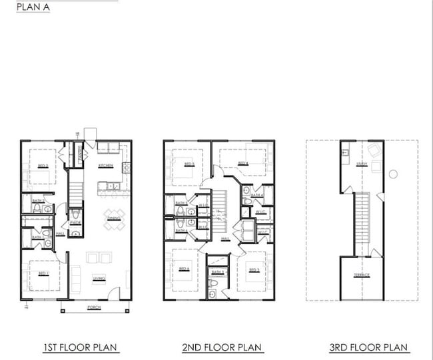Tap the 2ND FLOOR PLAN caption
(x=222, y=347)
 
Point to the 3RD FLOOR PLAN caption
(x=369, y=347)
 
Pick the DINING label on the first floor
(x=114, y=218)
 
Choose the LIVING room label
(x=99, y=278)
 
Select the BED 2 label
(x=43, y=166)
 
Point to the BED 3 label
(x=253, y=270)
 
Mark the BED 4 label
(x=243, y=163)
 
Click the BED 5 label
(x=189, y=164)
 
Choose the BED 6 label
(x=185, y=270)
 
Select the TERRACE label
(x=362, y=275)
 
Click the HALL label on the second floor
(x=225, y=238)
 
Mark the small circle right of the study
(x=393, y=174)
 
